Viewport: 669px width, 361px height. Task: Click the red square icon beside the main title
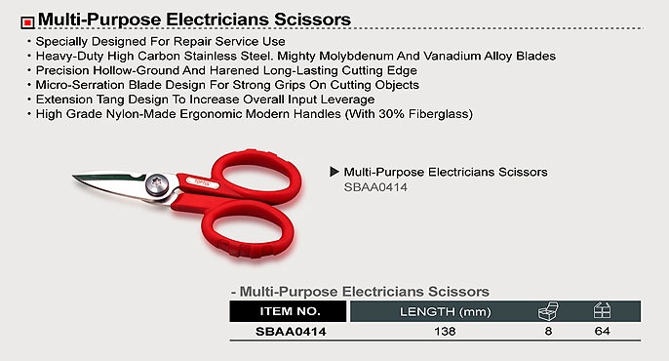click(27, 22)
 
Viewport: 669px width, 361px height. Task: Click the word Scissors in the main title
click(312, 20)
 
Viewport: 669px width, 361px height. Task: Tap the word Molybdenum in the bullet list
click(356, 57)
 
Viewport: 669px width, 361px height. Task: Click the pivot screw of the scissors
click(156, 184)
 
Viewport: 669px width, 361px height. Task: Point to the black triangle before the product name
click(334, 172)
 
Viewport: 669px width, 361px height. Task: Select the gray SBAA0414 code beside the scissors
click(375, 187)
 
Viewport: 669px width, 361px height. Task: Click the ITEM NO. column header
click(288, 311)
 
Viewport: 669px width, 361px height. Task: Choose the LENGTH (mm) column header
click(445, 312)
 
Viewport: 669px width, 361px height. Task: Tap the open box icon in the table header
click(548, 311)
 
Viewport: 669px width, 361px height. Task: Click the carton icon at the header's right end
click(602, 310)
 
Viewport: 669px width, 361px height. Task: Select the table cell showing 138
click(445, 331)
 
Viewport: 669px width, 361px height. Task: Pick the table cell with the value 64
click(602, 331)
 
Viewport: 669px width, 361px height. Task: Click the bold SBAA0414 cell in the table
click(291, 332)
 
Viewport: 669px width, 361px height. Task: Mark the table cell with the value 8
click(548, 331)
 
